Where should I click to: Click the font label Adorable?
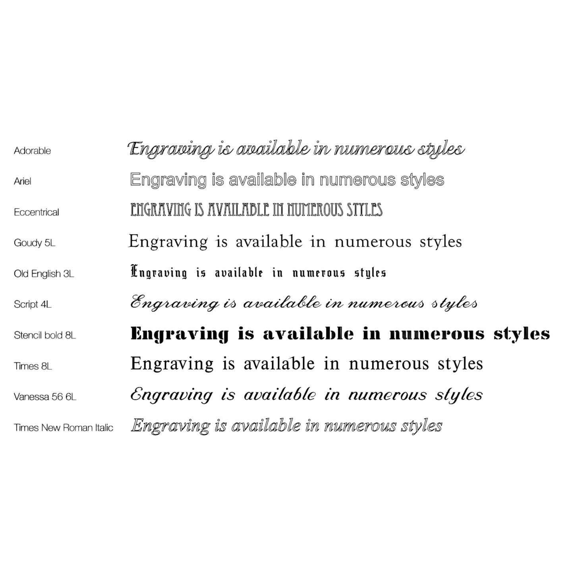[x=32, y=151]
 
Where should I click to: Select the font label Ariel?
[x=22, y=181]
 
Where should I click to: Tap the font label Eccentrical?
[x=36, y=212]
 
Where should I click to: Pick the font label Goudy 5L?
[x=35, y=243]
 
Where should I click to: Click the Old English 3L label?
[x=44, y=274]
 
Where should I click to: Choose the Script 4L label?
[x=33, y=304]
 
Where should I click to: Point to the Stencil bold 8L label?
[x=45, y=335]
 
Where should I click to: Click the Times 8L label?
[x=33, y=366]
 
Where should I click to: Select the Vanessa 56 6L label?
[x=45, y=396]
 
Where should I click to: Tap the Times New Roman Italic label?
[x=64, y=427]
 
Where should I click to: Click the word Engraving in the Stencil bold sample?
[x=180, y=334]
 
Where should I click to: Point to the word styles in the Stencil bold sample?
[x=522, y=334]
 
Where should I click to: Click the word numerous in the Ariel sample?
[x=358, y=180]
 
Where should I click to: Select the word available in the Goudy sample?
[x=269, y=242]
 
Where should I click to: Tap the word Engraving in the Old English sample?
[x=159, y=273]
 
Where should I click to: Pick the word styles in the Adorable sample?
[x=441, y=150]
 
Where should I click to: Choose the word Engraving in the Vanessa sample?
[x=172, y=395]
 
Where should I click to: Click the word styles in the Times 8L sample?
[x=460, y=364]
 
